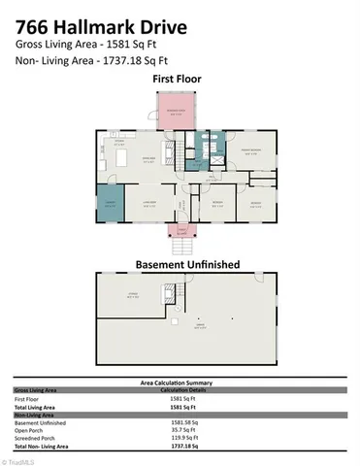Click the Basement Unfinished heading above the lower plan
click(180, 264)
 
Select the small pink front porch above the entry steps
click(179, 230)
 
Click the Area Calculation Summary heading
click(180, 383)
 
